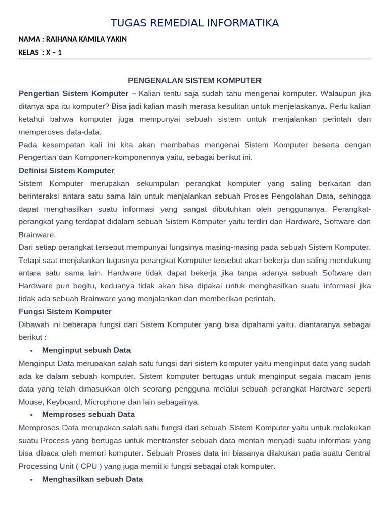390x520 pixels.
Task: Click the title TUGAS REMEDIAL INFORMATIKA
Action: tap(194, 23)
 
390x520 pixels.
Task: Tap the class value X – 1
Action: tap(54, 52)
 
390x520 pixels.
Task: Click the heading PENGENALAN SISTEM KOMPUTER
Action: tap(194, 80)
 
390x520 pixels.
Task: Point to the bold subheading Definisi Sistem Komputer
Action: tap(67, 171)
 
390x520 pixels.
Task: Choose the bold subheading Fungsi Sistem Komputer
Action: tap(65, 311)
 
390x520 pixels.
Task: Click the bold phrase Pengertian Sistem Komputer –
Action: tap(77, 93)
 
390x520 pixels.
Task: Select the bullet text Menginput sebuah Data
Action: tap(86, 350)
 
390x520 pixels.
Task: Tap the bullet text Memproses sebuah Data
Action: tap(88, 415)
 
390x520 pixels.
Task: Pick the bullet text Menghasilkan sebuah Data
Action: tap(92, 479)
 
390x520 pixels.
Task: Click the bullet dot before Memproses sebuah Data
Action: tap(31, 415)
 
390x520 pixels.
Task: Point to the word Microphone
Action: tap(107, 402)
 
